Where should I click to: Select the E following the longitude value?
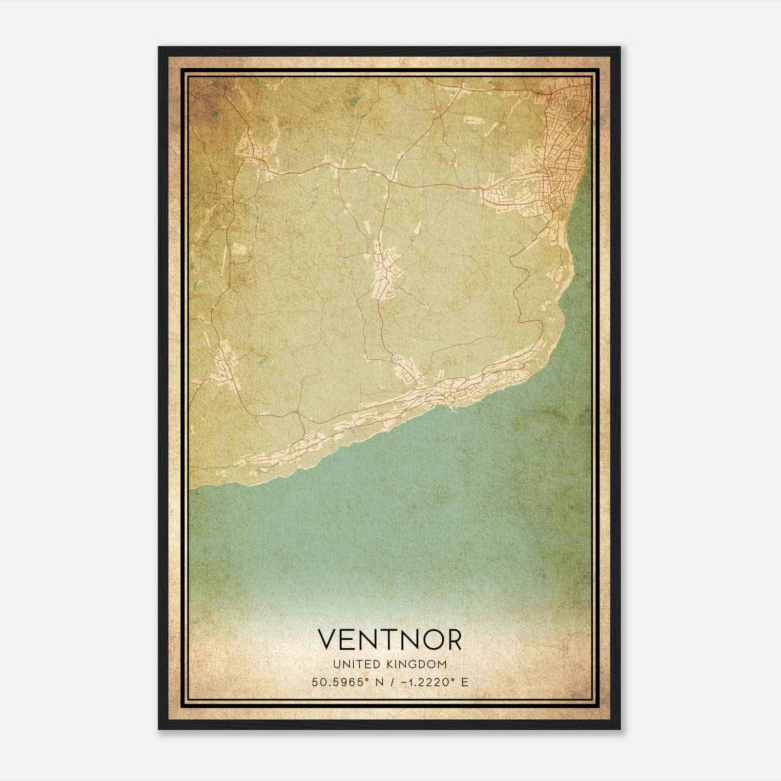(x=465, y=682)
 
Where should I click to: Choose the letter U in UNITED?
(x=336, y=664)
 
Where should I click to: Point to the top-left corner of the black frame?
(x=159, y=47)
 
